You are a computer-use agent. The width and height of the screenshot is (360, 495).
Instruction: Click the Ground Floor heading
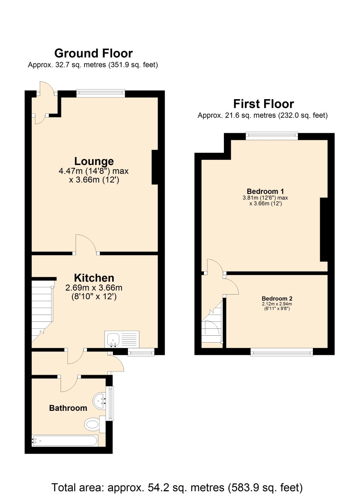pyautogui.click(x=93, y=53)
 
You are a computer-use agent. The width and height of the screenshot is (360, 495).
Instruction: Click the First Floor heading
pyautogui.click(x=263, y=104)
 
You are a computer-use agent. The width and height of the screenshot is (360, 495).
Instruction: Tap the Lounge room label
pyautogui.click(x=94, y=161)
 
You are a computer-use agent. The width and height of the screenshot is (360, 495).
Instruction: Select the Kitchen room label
pyautogui.click(x=94, y=278)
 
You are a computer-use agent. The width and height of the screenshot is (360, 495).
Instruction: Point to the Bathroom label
pyautogui.click(x=68, y=408)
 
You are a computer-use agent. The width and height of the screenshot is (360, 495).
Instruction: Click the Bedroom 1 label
pyautogui.click(x=265, y=191)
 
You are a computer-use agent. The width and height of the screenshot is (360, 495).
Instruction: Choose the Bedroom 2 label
pyautogui.click(x=277, y=299)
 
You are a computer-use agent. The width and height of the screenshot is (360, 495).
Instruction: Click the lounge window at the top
pyautogui.click(x=101, y=93)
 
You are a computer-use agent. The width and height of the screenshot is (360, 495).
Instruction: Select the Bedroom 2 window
pyautogui.click(x=282, y=352)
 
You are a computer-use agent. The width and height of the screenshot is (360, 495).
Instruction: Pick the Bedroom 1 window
pyautogui.click(x=272, y=136)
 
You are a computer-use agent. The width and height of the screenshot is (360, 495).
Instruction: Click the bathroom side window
pyautogui.click(x=110, y=403)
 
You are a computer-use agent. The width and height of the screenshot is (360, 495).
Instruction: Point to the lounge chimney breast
pyautogui.click(x=155, y=167)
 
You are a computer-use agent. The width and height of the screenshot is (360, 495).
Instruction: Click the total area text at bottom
pyautogui.click(x=177, y=487)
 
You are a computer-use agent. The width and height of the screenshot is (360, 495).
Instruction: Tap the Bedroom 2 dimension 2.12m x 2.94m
pyautogui.click(x=277, y=304)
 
